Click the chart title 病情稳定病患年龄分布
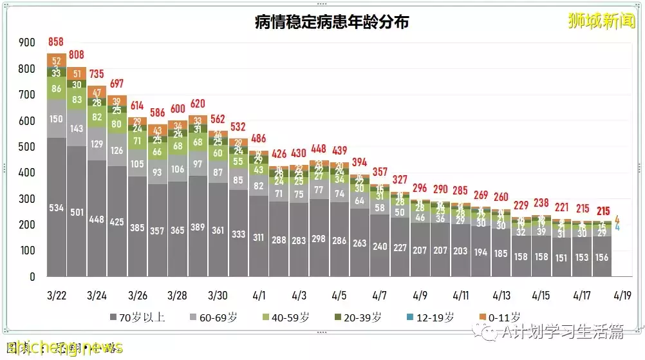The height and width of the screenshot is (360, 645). click(332, 22)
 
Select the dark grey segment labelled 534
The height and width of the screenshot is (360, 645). click(57, 207)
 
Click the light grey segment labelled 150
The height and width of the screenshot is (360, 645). click(57, 118)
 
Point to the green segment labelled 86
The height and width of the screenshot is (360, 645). click(57, 89)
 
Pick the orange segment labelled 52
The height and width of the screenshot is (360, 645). click(57, 61)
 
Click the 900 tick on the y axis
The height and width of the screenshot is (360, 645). click(27, 43)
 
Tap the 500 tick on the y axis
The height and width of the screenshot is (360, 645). click(27, 147)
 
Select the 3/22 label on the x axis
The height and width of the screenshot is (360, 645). click(57, 296)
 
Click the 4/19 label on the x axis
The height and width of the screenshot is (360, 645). click(622, 296)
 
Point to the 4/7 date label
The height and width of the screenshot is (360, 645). click(379, 296)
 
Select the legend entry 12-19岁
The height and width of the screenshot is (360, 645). click(429, 317)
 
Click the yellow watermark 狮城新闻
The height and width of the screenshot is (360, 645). click(601, 21)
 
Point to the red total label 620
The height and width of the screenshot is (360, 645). click(198, 103)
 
